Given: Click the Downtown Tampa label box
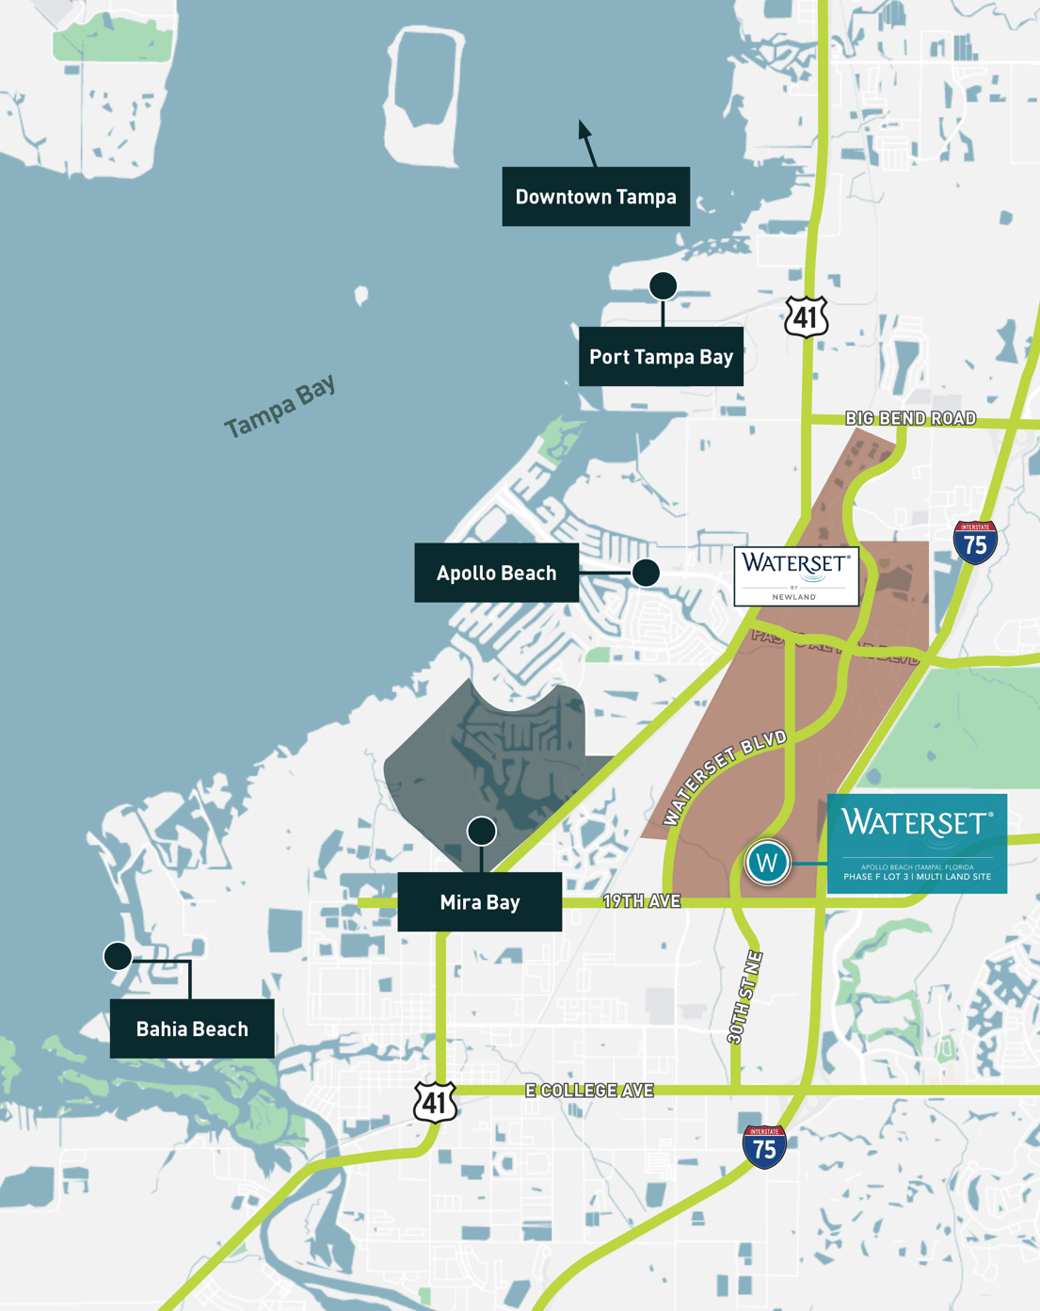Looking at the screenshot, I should (596, 197).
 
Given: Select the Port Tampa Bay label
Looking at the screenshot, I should (661, 357).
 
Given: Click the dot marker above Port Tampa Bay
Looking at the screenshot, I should (664, 285).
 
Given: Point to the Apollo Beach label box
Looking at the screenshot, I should (496, 573).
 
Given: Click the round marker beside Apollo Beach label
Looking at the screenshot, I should (646, 573).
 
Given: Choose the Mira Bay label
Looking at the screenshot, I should (480, 902).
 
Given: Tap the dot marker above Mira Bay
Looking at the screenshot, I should (482, 831).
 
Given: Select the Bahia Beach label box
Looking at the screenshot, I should (192, 1028).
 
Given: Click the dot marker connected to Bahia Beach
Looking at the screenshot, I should (118, 957).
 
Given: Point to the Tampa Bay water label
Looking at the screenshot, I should (280, 407).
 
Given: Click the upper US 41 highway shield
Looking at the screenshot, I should (807, 316).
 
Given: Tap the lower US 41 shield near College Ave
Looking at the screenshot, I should (435, 1102).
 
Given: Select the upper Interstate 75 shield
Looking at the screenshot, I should (975, 542).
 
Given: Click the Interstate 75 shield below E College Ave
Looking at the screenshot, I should (764, 1147).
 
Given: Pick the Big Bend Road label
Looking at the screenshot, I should (910, 418).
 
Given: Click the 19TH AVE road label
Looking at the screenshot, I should (642, 901).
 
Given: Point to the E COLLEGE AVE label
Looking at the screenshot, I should (589, 1091).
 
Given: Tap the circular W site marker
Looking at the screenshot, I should (768, 862).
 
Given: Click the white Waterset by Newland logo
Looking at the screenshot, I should (796, 575).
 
